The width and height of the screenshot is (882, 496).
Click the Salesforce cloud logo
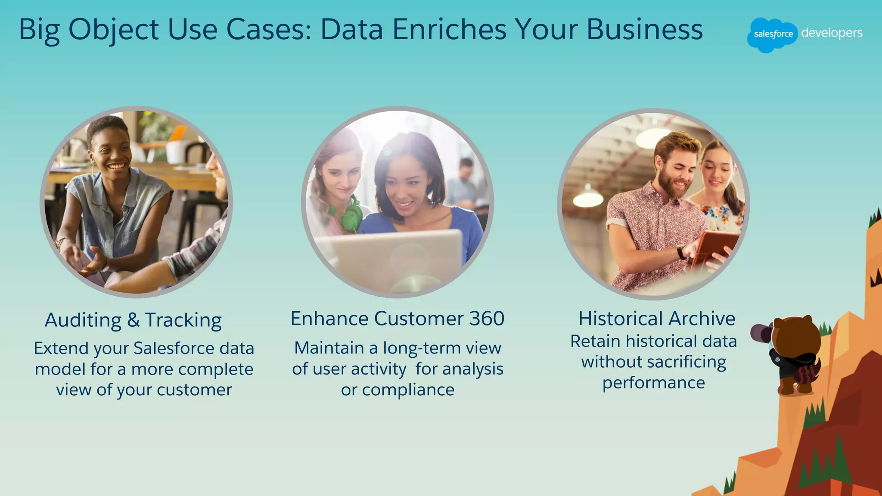click(x=773, y=34)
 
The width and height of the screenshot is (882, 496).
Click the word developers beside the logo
click(x=832, y=33)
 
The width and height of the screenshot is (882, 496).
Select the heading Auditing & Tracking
click(x=133, y=320)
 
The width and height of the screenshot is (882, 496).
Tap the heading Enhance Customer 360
click(x=397, y=319)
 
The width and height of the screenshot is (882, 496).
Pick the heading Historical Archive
click(x=656, y=319)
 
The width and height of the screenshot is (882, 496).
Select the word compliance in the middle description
click(x=408, y=390)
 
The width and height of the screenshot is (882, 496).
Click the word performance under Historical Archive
click(x=653, y=383)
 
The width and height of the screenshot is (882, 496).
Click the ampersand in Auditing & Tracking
click(x=133, y=320)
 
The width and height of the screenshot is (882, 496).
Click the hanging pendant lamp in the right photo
click(x=588, y=198)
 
